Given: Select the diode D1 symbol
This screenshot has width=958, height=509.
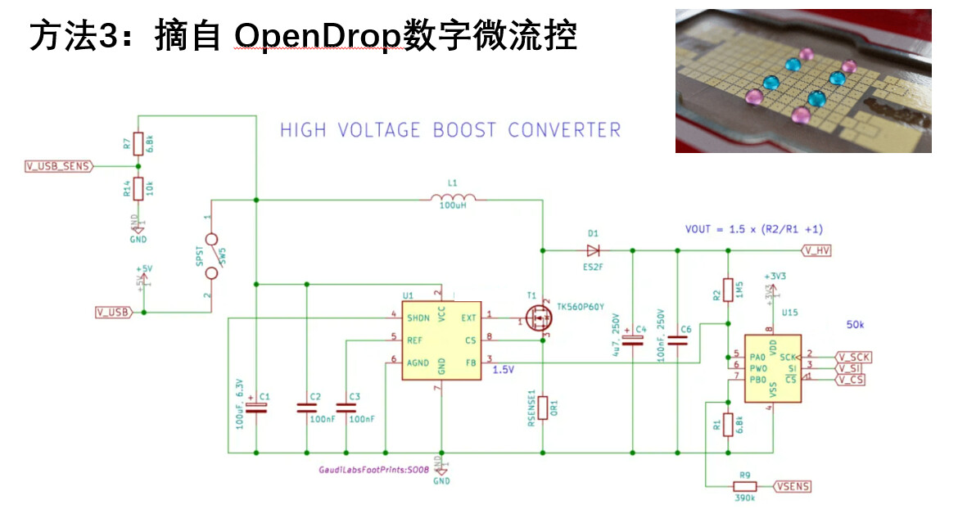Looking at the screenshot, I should tap(593, 250).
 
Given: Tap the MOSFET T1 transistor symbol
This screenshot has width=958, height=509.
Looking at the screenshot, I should tap(537, 320).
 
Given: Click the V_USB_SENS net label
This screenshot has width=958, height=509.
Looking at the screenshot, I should tap(59, 166).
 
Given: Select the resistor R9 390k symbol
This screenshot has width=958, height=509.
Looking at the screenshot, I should tap(744, 486).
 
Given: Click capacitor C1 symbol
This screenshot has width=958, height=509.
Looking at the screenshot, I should tap(256, 409).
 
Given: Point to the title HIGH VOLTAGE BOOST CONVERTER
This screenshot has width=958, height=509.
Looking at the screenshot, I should tap(450, 130).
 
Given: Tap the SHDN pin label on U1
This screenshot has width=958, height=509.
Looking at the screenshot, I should tap(418, 318).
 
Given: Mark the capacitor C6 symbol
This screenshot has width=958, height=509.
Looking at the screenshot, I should tap(678, 340).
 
